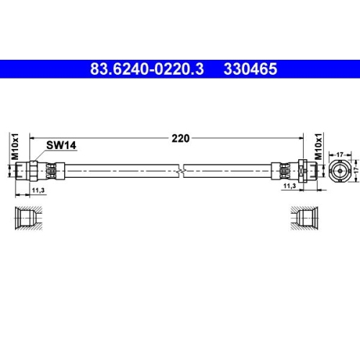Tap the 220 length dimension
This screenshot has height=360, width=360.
180,139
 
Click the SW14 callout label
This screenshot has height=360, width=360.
62,145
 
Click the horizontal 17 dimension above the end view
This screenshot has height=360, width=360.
340,153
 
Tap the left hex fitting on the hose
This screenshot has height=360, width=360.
31,171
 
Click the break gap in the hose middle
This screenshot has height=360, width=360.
184,171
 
